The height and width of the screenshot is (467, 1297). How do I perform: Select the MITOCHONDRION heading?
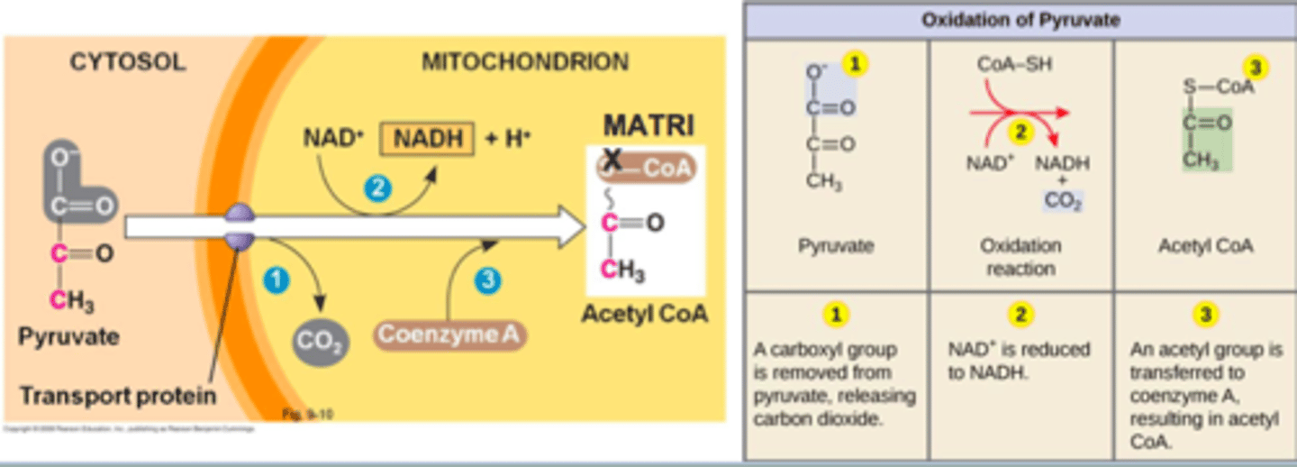click(x=525, y=62)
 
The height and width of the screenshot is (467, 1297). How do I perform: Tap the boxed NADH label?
click(x=427, y=139)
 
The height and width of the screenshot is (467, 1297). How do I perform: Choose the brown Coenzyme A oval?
click(x=449, y=334)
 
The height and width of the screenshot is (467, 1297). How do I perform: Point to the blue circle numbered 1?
click(x=277, y=280)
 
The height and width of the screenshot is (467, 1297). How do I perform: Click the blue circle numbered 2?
click(x=377, y=188)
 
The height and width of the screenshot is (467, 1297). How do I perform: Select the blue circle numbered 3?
click(x=486, y=280)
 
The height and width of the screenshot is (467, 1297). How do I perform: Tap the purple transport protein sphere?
click(x=240, y=228)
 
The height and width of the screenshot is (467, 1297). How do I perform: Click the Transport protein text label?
click(x=118, y=395)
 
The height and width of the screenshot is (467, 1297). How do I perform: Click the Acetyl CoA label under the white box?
click(x=644, y=315)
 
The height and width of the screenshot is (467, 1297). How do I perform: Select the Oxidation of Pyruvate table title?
click(x=1019, y=20)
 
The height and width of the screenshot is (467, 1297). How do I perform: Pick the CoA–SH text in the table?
click(x=1014, y=65)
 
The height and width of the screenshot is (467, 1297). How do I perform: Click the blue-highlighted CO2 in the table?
click(x=1063, y=201)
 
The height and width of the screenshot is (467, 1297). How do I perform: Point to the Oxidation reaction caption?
click(x=1020, y=257)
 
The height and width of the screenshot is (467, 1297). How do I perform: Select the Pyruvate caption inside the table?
click(x=836, y=245)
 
